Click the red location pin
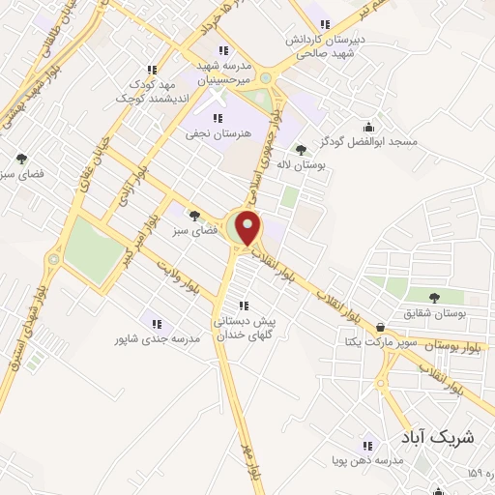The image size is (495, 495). point(248,227)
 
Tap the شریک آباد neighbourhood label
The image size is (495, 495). point(438,436)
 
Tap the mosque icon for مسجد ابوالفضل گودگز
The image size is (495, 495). point(367,126)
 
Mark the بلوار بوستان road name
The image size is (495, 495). point(446,345)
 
